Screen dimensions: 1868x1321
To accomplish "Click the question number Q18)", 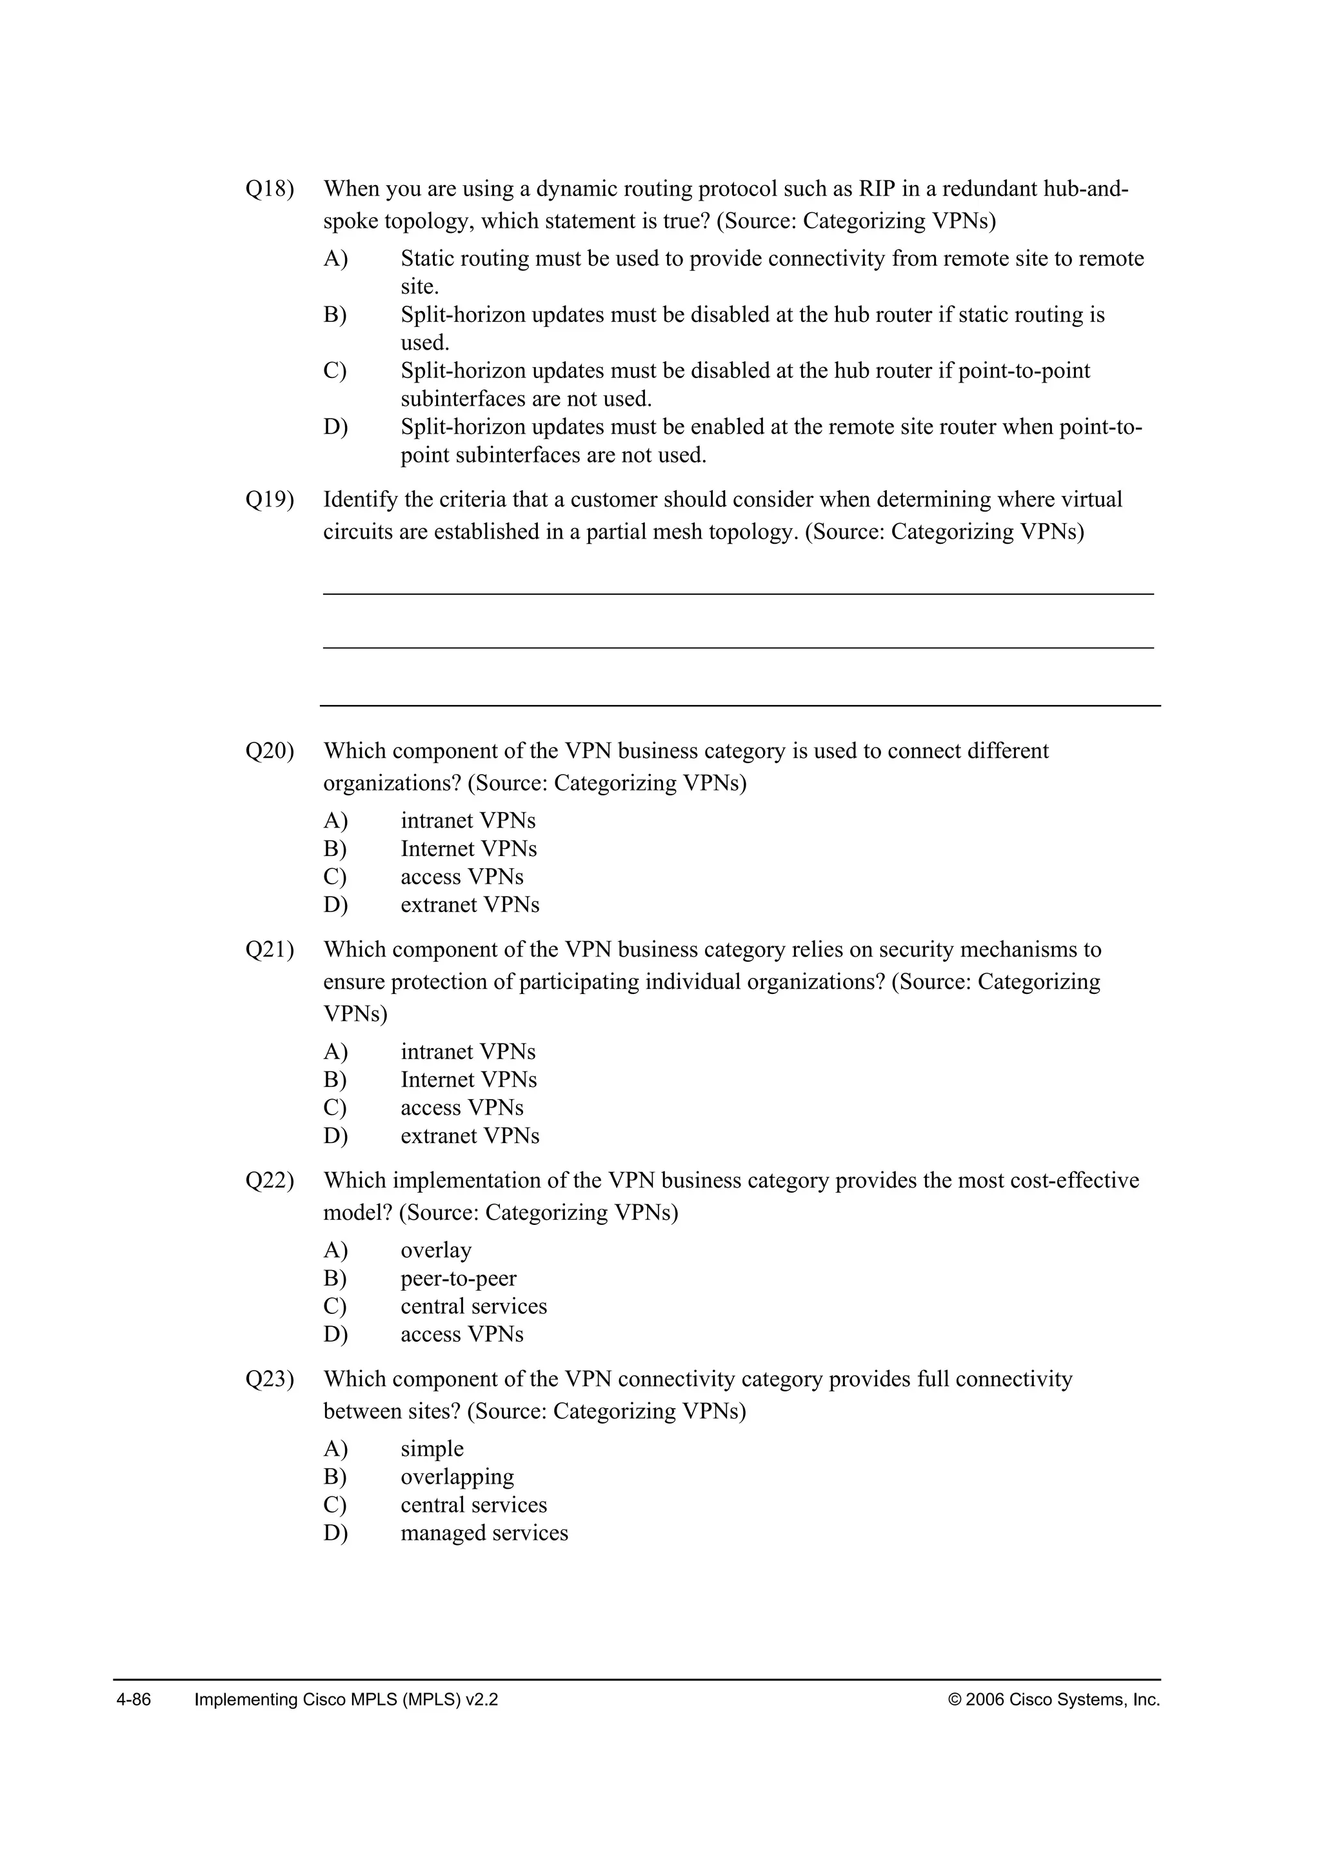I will pos(269,190).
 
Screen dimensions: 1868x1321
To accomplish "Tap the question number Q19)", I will pos(269,499).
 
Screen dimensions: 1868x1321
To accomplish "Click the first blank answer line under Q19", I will pos(738,594).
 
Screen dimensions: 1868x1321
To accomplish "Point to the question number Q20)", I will pos(269,751).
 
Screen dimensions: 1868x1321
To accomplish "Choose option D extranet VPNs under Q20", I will pos(470,905).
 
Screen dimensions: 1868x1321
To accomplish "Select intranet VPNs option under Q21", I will pos(468,1052).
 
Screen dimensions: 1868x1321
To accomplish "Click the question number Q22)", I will pos(269,1180).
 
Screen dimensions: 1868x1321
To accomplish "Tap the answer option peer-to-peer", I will pos(458,1278).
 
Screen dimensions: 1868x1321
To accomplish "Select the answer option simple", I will pos(432,1449).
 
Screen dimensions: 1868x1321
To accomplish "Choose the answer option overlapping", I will pos(457,1476).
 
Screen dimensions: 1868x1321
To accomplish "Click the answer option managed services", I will pos(484,1533).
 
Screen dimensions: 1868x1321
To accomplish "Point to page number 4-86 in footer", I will pos(134,1700).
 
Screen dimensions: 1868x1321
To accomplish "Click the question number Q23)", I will pos(269,1379).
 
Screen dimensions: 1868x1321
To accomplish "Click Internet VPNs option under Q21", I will pos(468,1080).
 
